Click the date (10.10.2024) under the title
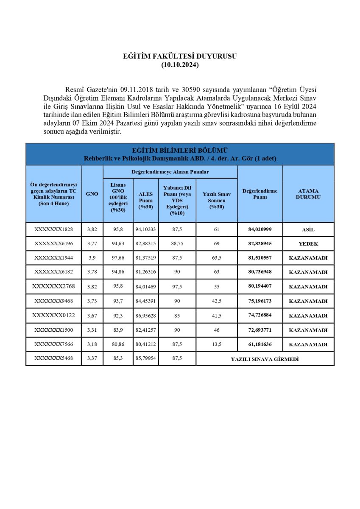pos(180,65)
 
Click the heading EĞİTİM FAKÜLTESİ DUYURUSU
pos(180,56)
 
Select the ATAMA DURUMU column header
pos(308,194)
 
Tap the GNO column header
pos(92,194)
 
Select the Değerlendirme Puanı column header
pos(260,194)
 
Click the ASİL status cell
pos(308,229)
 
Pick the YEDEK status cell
pos(308,244)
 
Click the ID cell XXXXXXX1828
pos(53,229)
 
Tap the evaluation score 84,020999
pos(260,229)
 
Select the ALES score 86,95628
pos(146,316)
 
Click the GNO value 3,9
pos(92,258)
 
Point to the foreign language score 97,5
pos(177,287)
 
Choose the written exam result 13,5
pos(217,344)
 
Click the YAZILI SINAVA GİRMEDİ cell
pos(265,359)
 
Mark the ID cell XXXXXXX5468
pos(53,358)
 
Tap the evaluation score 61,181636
pos(260,344)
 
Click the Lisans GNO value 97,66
pos(118,258)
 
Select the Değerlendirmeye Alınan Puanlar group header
pos(170,172)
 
